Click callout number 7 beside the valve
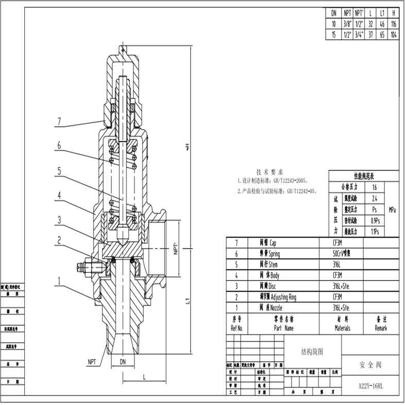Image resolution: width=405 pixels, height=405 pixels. pos(59,122)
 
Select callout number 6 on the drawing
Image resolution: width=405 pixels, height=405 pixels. pos(59,146)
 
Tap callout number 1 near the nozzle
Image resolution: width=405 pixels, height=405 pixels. pos(59,281)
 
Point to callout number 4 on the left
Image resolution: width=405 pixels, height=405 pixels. pos(59,195)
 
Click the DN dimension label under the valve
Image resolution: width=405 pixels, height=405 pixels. pos(123,360)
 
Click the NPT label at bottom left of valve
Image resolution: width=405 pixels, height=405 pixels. pos(93,361)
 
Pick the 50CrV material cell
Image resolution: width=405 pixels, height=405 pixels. pos(348,254)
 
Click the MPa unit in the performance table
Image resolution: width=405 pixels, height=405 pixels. pos(392,210)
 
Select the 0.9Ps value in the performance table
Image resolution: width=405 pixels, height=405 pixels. pos(374,221)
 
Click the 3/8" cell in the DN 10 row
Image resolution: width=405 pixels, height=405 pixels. pos(347,24)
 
